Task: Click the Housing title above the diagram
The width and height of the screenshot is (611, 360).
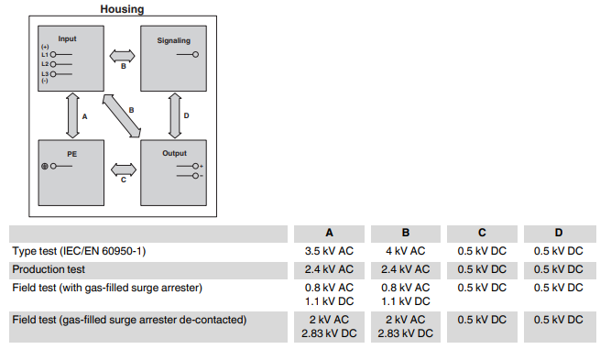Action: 121,9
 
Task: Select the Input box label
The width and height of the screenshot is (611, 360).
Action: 68,39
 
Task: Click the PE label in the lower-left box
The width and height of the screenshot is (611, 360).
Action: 71,154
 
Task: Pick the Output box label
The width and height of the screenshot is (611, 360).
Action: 174,153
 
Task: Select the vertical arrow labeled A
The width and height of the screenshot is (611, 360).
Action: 71,115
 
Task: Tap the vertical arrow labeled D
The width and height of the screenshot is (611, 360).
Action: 174,115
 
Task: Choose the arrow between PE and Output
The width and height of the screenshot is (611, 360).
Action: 122,169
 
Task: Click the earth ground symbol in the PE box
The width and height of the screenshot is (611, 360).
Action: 44,166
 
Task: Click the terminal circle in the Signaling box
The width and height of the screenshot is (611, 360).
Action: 195,55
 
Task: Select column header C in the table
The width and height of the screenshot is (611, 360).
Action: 482,233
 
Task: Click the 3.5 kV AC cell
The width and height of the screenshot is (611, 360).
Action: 329,251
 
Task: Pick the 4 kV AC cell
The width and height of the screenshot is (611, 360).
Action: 405,251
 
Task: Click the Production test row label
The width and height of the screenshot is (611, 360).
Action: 49,269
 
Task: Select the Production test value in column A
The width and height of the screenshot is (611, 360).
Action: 329,269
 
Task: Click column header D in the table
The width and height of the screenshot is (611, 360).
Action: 558,233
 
